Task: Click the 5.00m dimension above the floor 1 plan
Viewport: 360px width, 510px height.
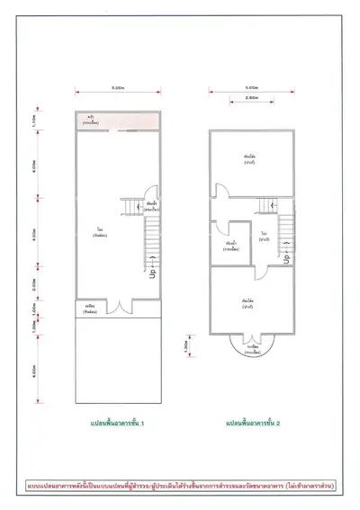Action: (x=117, y=87)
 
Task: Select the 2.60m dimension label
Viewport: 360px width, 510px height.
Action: (x=252, y=96)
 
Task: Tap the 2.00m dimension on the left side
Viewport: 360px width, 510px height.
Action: (x=59, y=282)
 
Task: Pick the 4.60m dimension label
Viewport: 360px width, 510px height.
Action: (x=59, y=369)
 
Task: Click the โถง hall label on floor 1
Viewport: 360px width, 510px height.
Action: (x=96, y=231)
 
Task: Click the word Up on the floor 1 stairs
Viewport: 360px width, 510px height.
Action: (x=152, y=269)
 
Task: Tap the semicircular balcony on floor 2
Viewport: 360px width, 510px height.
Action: (x=249, y=345)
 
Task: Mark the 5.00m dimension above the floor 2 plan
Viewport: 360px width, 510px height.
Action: (x=252, y=87)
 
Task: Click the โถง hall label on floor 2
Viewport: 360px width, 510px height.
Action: (x=265, y=236)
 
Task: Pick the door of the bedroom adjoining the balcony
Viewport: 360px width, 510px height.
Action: (x=250, y=330)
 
